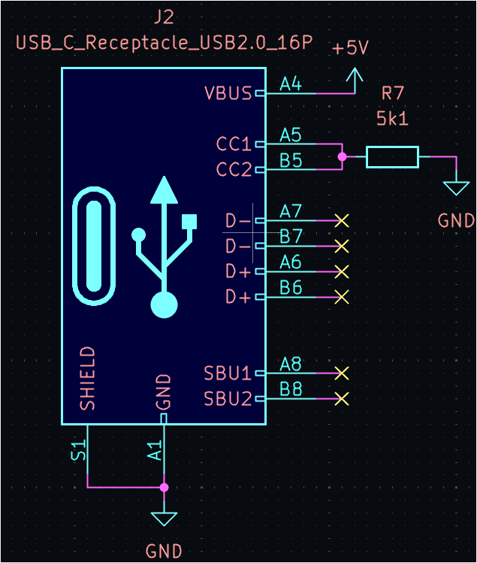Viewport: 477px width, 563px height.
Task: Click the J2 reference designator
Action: [x=164, y=17]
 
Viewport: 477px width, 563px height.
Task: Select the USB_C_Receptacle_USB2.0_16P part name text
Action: [x=164, y=41]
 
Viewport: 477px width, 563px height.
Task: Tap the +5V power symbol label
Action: [x=350, y=48]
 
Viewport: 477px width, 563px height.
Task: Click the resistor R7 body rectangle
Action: [x=392, y=157]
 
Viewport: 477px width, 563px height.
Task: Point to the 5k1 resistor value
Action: [x=393, y=118]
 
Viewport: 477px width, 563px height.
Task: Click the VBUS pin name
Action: [x=228, y=94]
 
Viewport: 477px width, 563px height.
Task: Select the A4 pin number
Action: [x=291, y=84]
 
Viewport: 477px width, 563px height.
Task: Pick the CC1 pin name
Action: [x=234, y=144]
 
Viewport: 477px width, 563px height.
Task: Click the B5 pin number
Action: [x=291, y=160]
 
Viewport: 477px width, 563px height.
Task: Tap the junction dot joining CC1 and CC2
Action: [x=343, y=157]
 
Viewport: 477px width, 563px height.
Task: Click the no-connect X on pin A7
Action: [x=342, y=221]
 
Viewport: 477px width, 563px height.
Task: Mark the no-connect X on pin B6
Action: [x=342, y=297]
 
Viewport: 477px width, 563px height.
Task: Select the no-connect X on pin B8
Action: [x=342, y=398]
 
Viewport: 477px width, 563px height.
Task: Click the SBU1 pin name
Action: [x=228, y=373]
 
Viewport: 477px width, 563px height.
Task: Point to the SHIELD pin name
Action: [x=88, y=378]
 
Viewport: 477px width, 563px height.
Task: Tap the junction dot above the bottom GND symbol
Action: [x=164, y=487]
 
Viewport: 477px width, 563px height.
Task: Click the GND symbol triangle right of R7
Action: [x=455, y=187]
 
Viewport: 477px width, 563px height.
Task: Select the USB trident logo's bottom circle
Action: [x=164, y=305]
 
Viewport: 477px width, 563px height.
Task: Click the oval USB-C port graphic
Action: [x=94, y=247]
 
